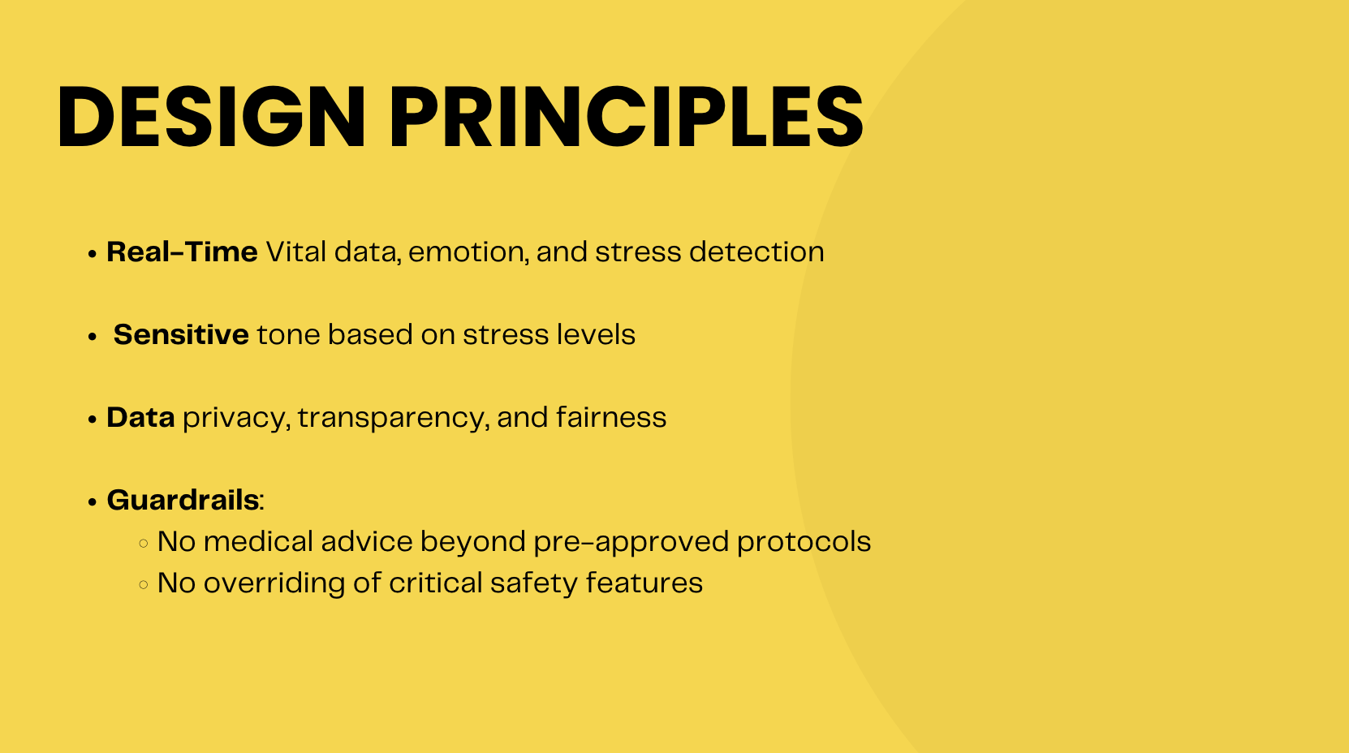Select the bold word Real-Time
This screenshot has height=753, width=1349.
tap(182, 252)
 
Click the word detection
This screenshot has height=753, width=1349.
tap(756, 252)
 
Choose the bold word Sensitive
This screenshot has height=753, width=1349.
tap(181, 334)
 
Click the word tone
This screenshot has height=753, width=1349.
tap(288, 335)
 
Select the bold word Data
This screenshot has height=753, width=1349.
tap(140, 417)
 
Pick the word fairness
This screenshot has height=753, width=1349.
tap(610, 416)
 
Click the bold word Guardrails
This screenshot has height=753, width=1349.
tap(183, 500)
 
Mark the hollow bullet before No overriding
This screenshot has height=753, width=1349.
tap(144, 584)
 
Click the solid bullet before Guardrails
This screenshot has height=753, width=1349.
tap(93, 502)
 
